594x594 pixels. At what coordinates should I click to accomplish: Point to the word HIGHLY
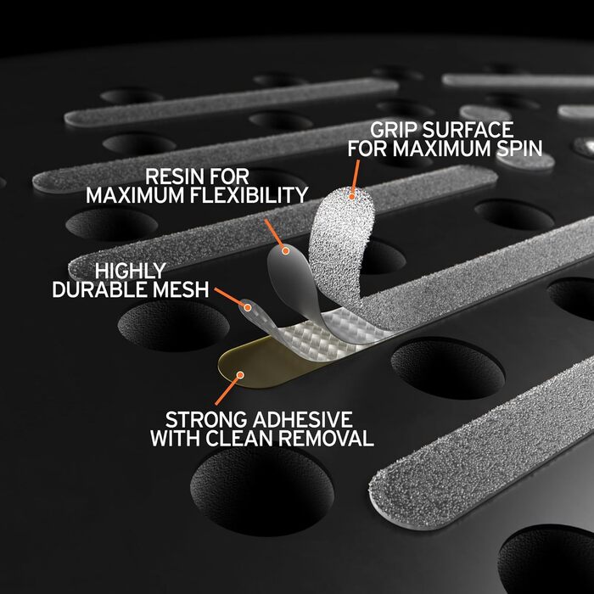click(131, 271)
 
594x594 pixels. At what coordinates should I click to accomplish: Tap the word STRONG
click(206, 419)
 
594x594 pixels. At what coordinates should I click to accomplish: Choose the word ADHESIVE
click(303, 419)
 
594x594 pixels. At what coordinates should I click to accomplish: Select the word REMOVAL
click(326, 438)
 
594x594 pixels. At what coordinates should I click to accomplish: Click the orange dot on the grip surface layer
click(352, 196)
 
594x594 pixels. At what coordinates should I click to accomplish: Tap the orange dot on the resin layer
click(286, 250)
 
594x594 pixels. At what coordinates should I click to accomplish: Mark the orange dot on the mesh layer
click(248, 307)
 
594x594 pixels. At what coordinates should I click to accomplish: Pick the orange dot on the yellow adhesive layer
click(240, 375)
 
